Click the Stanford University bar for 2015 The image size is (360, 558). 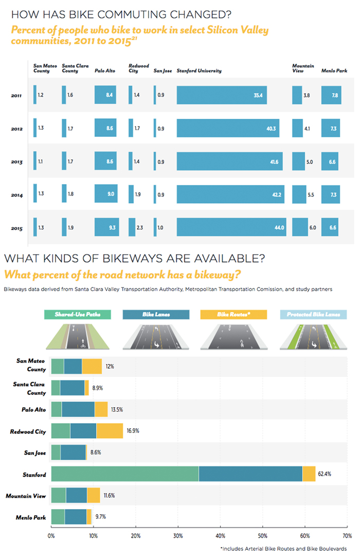point(231,227)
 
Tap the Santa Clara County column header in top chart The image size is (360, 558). point(70,68)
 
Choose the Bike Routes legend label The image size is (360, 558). point(234,314)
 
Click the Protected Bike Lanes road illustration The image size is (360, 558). point(313,335)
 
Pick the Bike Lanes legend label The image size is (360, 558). point(155,314)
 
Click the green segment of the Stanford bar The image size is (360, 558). point(124,474)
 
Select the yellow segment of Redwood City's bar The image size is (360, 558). point(110,431)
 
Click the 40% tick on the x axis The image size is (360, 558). point(220,536)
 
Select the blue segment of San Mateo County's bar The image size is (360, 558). point(73,366)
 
